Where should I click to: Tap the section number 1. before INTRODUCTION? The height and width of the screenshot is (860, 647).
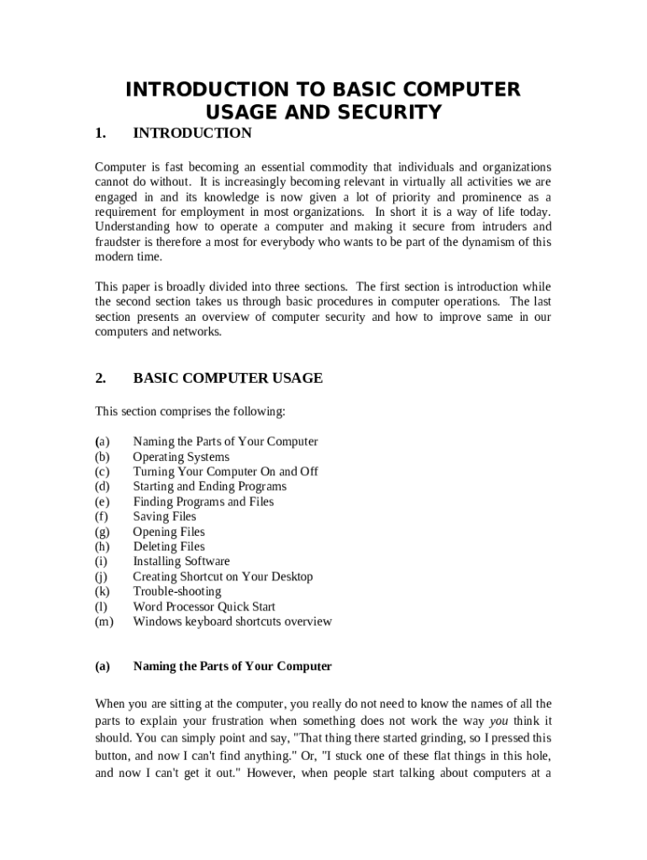point(101,134)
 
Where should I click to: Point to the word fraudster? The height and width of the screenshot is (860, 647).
point(119,242)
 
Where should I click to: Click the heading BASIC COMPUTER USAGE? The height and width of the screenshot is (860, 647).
point(228,378)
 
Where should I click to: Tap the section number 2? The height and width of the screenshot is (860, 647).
point(101,378)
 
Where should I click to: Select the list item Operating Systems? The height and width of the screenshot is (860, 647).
point(181,457)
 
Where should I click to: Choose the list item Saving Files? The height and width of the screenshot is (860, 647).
point(164,517)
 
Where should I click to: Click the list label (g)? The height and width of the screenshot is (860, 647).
point(103,532)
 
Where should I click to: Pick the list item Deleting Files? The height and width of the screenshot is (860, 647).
point(168,547)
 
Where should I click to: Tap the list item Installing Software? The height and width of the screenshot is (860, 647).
point(181,561)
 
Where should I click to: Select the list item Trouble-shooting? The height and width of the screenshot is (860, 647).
point(176,591)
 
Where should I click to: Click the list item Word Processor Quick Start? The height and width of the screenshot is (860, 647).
point(203,606)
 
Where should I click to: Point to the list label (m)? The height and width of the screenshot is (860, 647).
point(104,621)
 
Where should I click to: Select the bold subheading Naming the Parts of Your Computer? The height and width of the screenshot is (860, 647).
point(232,666)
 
